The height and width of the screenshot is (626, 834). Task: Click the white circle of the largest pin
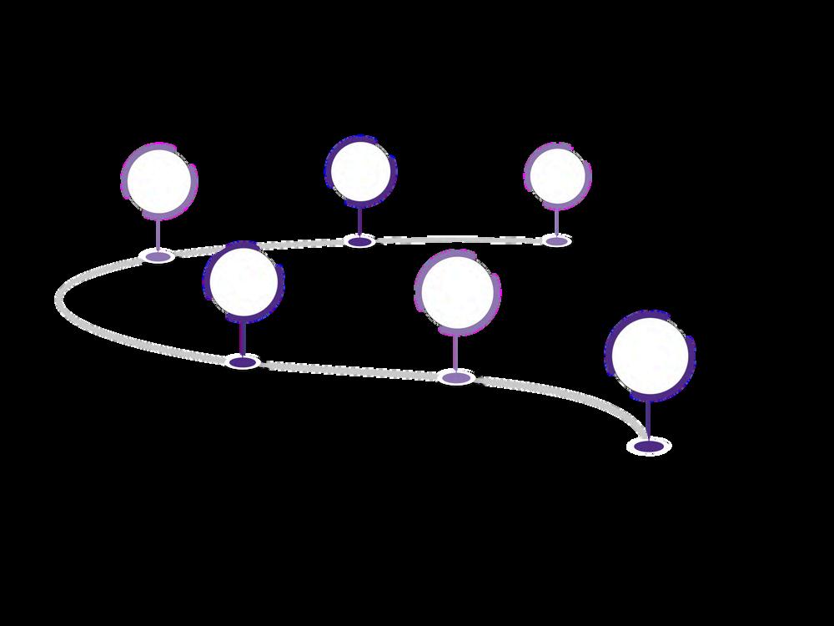tap(649, 356)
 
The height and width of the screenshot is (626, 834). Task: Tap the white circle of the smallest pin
tap(556, 174)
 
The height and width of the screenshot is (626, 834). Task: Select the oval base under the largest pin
tap(649, 447)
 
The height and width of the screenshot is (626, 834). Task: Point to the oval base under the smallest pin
tap(556, 240)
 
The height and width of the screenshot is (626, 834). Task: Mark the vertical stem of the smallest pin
tap(556, 220)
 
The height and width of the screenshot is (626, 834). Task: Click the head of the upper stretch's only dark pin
tap(359, 171)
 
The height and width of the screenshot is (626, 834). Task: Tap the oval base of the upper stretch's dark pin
tap(359, 241)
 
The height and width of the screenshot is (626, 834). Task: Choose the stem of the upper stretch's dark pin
tap(359, 221)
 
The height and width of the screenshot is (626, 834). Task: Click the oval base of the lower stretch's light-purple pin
tap(455, 378)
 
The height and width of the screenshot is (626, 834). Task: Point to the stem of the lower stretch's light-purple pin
tap(455, 351)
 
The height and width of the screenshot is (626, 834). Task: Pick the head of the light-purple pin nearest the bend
tap(158, 181)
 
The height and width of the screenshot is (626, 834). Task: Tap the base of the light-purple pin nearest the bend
tap(158, 255)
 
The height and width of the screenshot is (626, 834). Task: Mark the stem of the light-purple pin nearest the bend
tap(158, 234)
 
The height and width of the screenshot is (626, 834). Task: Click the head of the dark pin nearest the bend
tap(243, 282)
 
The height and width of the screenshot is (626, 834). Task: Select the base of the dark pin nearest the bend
tap(243, 362)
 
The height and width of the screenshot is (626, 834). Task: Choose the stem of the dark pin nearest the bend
tap(243, 337)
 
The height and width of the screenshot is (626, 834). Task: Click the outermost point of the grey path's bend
tap(59, 299)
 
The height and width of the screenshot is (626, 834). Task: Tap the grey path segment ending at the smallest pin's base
tap(467, 240)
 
